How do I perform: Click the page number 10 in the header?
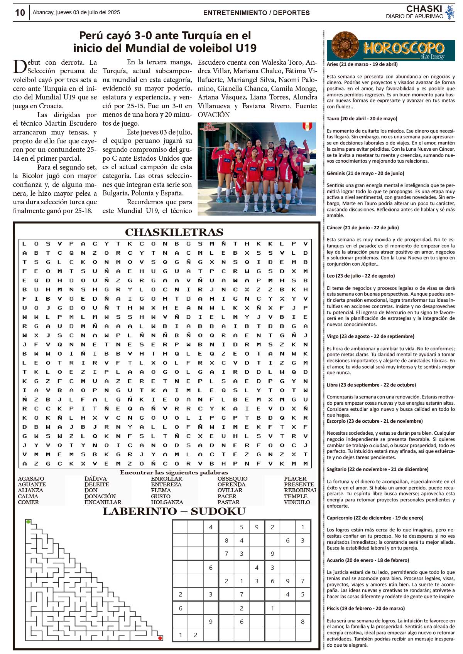[x=20, y=13]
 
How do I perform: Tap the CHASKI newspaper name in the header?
[x=424, y=8]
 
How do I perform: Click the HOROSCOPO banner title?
[x=404, y=48]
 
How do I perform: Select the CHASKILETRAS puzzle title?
[x=174, y=232]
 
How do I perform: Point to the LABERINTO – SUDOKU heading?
[x=174, y=511]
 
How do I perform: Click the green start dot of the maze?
[x=28, y=522]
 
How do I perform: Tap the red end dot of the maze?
[x=160, y=638]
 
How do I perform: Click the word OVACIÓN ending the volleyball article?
[x=214, y=115]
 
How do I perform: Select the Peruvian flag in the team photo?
[x=307, y=126]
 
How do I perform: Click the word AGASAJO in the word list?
[x=31, y=479]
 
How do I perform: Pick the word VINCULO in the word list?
[x=297, y=502]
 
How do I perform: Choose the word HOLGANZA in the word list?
[x=167, y=502]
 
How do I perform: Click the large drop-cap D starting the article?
[x=20, y=67]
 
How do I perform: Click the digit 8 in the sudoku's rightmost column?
[x=302, y=621]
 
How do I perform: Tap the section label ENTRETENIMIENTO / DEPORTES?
[x=256, y=13]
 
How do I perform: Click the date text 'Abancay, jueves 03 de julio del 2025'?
[x=76, y=12]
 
